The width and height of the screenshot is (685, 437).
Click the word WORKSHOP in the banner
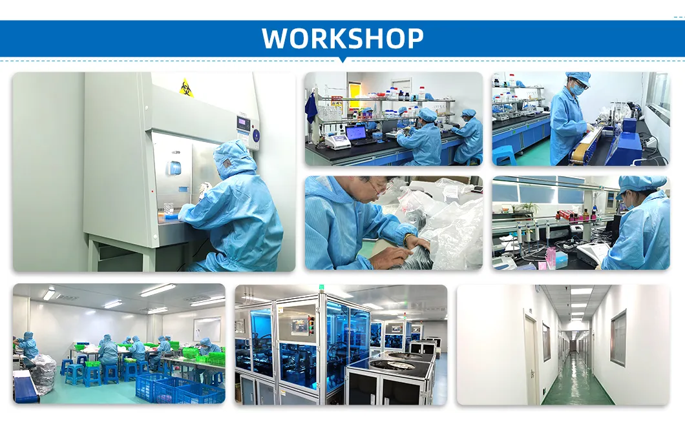tap(342, 39)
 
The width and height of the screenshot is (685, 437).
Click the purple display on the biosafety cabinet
tap(243, 123)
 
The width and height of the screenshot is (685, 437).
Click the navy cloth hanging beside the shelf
tap(311, 107)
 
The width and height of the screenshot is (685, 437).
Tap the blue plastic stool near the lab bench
tap(504, 155)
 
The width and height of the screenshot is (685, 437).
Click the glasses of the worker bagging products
tap(381, 188)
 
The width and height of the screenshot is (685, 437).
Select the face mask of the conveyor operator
tap(576, 91)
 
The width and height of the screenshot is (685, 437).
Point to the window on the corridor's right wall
tap(618, 337)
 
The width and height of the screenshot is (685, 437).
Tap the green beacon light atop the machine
tap(321, 289)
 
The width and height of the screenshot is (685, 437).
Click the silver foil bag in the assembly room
tap(43, 374)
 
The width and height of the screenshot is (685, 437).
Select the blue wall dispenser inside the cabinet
tap(174, 167)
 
